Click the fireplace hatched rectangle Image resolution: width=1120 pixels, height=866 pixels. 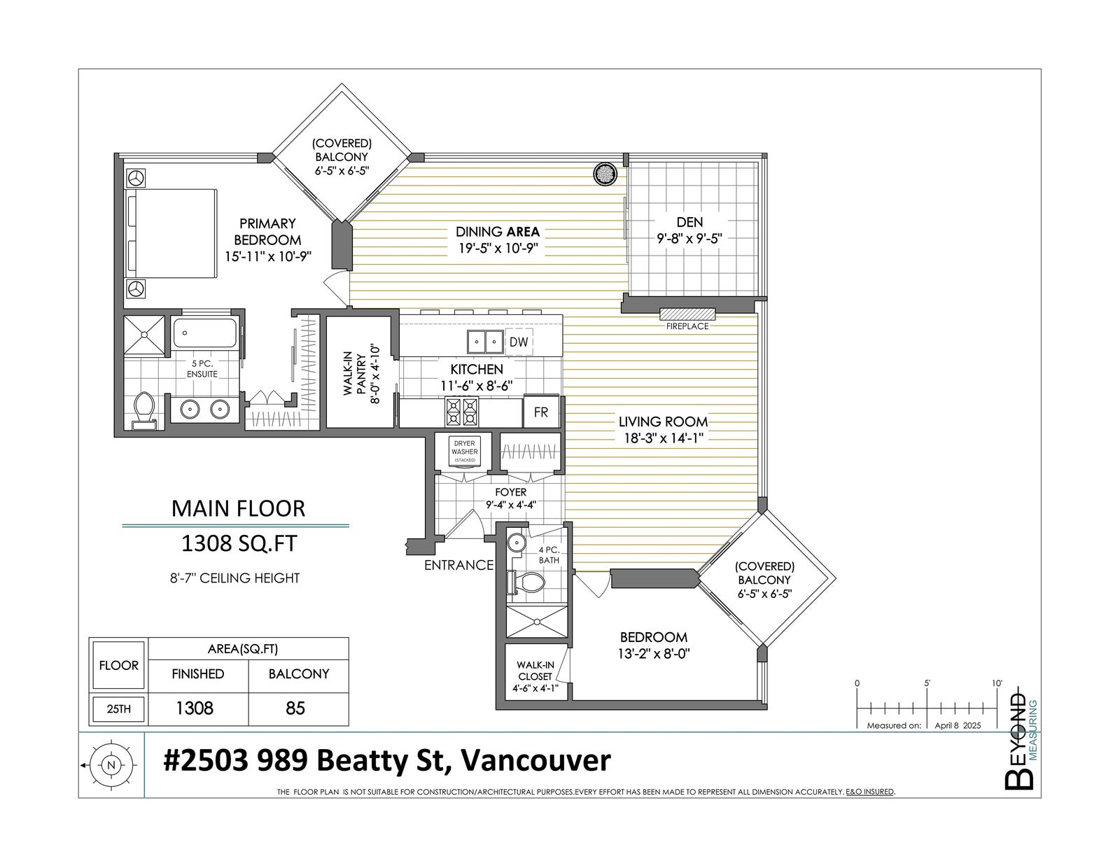point(687,314)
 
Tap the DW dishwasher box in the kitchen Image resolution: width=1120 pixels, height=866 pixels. point(519,342)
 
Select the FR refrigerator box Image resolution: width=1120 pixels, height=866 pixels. point(540,412)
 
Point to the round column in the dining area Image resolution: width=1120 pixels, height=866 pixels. point(605,174)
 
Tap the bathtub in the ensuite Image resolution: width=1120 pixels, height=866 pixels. point(204,333)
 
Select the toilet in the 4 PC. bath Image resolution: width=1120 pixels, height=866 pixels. point(527,583)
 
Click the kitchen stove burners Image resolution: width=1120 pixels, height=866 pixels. point(462,412)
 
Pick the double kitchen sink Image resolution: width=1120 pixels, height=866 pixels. point(485,342)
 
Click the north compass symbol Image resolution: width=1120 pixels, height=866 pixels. point(110,765)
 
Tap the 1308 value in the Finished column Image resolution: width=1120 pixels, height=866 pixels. point(195,708)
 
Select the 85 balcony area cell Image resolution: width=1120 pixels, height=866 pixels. point(295,708)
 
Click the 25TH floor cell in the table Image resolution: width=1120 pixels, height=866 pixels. point(118,708)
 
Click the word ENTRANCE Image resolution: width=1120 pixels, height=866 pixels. point(458,566)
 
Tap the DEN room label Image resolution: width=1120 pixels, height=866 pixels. point(689,222)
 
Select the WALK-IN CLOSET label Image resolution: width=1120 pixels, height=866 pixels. point(535,671)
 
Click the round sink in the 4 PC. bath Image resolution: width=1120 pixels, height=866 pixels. point(515,543)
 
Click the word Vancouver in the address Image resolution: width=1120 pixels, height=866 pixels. point(535,760)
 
